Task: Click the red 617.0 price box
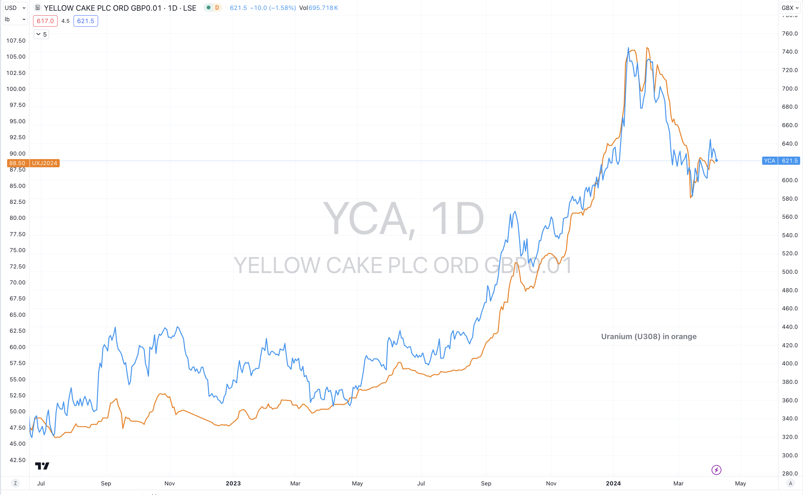[45, 21]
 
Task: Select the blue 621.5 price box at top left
[86, 21]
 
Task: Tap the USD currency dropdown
[15, 8]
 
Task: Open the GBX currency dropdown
[790, 8]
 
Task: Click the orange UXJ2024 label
[44, 163]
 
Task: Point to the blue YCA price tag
[770, 161]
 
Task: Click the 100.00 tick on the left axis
[16, 89]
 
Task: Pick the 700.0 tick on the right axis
[789, 88]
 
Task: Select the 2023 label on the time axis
[233, 483]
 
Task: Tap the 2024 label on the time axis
[613, 483]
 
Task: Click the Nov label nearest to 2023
[169, 483]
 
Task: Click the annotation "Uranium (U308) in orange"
[649, 336]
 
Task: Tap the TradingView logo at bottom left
[42, 466]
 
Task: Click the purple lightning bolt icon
[716, 470]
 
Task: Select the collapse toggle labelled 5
[41, 34]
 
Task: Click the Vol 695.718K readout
[318, 8]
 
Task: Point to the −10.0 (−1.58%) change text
[273, 8]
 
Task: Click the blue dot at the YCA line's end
[716, 161]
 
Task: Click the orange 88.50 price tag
[17, 163]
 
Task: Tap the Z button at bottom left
[15, 483]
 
